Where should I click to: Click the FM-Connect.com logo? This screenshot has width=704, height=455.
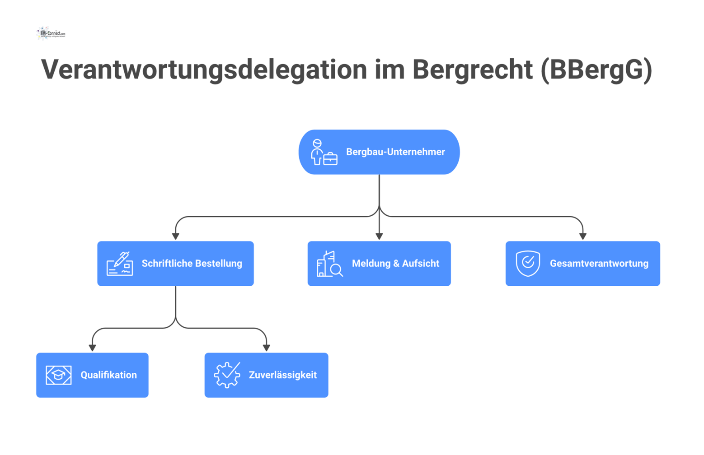click(51, 33)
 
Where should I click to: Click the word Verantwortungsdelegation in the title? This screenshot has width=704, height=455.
click(204, 70)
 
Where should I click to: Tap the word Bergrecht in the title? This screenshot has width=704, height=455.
click(472, 70)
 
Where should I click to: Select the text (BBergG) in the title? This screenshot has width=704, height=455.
click(596, 70)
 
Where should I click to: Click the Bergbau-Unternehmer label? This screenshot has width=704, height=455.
click(395, 152)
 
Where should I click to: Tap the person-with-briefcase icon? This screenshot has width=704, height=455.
click(324, 153)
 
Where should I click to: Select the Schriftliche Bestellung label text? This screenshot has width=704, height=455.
click(192, 264)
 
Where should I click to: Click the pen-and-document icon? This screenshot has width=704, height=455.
click(120, 264)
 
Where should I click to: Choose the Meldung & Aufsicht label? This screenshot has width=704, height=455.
click(395, 264)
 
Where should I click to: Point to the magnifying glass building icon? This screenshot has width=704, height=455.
click(329, 264)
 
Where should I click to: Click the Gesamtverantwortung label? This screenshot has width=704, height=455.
click(599, 264)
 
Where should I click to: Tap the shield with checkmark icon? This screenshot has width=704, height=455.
click(528, 263)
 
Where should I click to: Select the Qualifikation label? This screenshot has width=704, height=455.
click(108, 375)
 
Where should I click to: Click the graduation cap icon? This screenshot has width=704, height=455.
click(59, 375)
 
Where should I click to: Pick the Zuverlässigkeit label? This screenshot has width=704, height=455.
click(282, 375)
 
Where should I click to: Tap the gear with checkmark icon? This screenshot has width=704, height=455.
click(227, 375)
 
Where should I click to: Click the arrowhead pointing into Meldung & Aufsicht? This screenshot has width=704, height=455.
click(379, 237)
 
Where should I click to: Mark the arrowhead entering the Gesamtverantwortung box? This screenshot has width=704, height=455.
click(582, 237)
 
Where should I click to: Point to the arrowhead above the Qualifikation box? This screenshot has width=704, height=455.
click(92, 348)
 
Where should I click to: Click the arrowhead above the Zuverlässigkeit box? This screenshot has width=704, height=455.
click(266, 348)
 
